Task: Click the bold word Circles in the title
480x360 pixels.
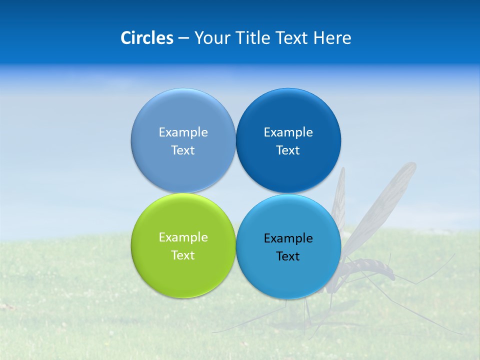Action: [x=146, y=38]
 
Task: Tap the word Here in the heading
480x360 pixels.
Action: [x=332, y=38]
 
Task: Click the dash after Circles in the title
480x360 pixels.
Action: [x=183, y=38]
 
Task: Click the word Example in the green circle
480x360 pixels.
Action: [x=183, y=237]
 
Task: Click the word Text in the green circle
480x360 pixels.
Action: [x=183, y=255]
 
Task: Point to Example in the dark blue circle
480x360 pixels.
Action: [x=288, y=132]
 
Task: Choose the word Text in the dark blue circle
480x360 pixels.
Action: [x=288, y=150]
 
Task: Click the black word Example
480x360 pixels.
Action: [x=288, y=238]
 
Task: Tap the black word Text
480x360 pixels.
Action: [x=288, y=256]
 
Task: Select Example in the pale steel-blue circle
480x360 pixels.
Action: [x=183, y=132]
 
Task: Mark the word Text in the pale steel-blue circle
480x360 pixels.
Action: [x=183, y=150]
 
